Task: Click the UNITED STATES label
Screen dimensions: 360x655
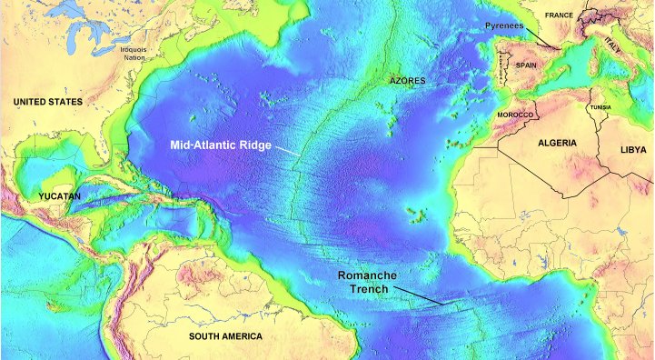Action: [x=45, y=102]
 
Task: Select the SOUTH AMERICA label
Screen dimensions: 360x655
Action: [x=225, y=336]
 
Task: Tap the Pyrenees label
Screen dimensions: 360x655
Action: [x=505, y=26]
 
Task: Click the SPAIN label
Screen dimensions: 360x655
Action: [x=527, y=65]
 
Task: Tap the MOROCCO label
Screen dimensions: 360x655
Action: [x=515, y=115]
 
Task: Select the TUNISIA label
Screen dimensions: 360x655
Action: [x=600, y=107]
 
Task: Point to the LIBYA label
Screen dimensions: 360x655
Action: [x=636, y=148]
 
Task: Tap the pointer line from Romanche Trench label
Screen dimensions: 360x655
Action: [x=421, y=295]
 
